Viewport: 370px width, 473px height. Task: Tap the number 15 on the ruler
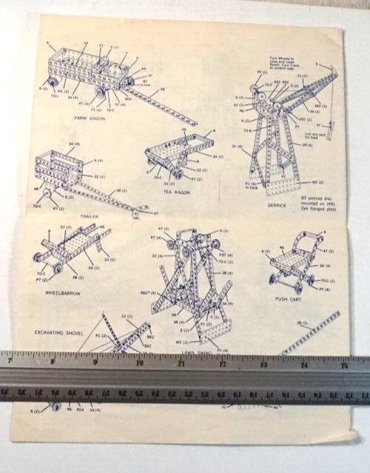pyautogui.click(x=344, y=364)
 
